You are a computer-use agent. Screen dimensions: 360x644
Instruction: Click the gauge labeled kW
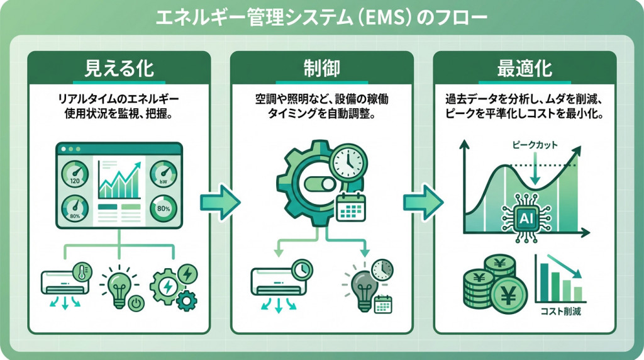point(163,174)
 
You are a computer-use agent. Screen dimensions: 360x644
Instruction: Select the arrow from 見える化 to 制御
point(219,202)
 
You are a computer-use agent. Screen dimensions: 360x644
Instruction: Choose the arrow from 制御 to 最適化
point(423,202)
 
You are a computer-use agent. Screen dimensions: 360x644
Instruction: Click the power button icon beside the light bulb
point(134,304)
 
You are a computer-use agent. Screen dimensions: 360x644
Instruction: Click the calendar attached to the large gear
point(350,207)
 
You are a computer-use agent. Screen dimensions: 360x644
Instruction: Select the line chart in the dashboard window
point(119,183)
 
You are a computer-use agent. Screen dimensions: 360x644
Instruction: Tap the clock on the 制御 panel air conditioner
point(302,268)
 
